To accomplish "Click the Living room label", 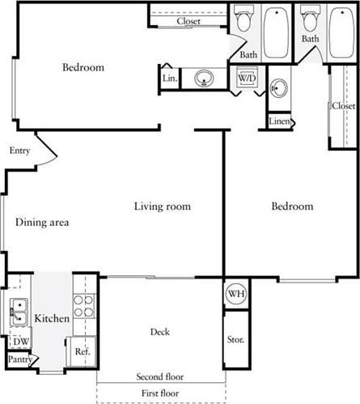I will (162, 206).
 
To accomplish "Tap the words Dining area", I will (41, 222).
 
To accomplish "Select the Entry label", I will (19, 151).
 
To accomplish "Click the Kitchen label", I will (51, 318).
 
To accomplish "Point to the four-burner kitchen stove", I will (83, 306).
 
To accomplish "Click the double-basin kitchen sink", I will (18, 310).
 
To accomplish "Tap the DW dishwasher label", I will (22, 342).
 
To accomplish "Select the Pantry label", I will (19, 359).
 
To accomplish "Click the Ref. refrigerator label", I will (82, 352).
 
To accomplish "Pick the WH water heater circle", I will (235, 293).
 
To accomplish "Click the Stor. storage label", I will (235, 341).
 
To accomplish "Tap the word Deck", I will (159, 332).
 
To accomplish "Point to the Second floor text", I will (160, 376).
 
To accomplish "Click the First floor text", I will (160, 393).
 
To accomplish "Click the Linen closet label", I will (279, 121).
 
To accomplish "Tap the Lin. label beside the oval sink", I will (170, 79).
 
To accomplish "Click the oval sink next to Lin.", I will (203, 79).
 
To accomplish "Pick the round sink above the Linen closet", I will (279, 89).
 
